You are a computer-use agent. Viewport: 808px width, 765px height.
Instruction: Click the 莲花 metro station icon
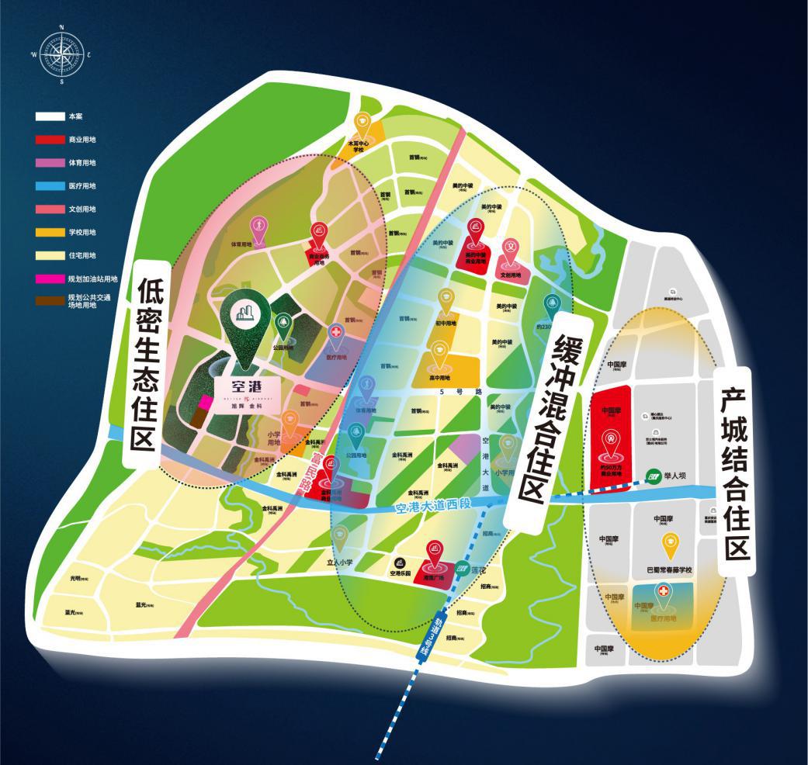(462, 569)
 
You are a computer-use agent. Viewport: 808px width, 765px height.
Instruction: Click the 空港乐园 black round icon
(400, 562)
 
